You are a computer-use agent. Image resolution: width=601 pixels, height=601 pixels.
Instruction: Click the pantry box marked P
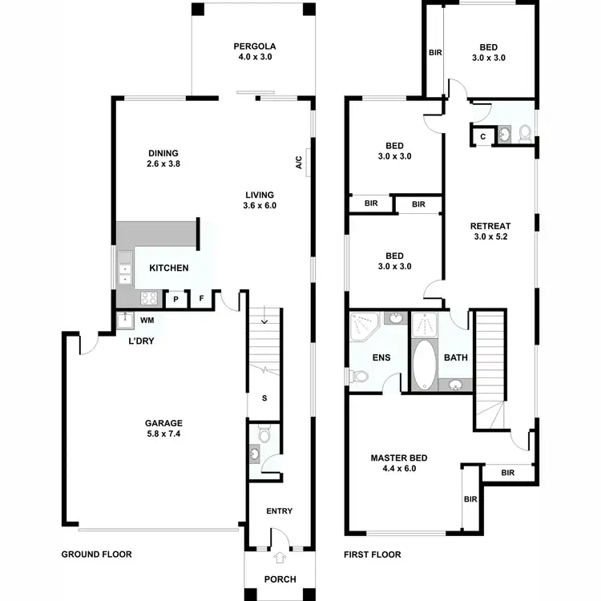[x=175, y=299]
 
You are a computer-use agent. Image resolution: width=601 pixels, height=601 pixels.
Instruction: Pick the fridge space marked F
[x=201, y=299]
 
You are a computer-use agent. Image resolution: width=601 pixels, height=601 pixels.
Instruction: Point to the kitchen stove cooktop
[x=149, y=298]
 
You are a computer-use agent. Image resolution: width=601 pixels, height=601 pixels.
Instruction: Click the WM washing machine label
[x=147, y=321]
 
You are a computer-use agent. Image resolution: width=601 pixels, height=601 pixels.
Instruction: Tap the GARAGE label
[x=163, y=423]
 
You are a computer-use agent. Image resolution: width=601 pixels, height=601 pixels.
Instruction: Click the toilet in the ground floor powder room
[x=264, y=437]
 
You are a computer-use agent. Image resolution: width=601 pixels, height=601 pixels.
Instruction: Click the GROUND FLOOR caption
[x=96, y=554]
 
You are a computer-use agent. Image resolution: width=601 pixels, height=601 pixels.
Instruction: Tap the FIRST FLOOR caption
[x=372, y=554]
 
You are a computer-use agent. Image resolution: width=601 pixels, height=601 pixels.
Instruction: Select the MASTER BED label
[x=398, y=458]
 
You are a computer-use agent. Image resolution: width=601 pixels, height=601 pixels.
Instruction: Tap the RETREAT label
[x=490, y=226]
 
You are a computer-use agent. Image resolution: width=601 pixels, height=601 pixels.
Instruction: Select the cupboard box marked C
[x=482, y=136]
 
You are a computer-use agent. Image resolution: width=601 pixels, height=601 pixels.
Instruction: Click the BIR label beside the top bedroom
[x=435, y=53]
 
